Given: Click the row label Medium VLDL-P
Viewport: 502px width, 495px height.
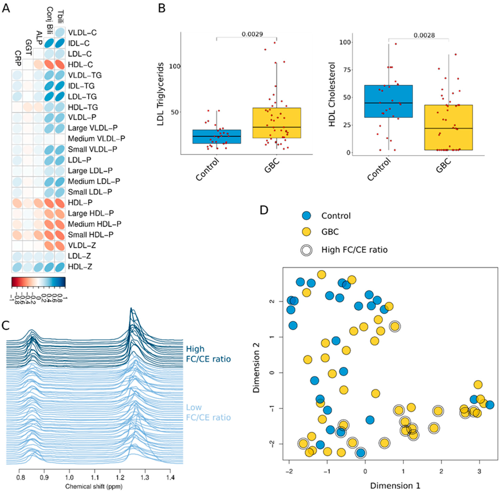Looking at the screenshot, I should tap(96, 139).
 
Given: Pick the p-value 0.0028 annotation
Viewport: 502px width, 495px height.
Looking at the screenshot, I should tap(424, 35).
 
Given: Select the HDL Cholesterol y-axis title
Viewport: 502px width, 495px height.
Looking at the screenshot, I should tap(332, 94).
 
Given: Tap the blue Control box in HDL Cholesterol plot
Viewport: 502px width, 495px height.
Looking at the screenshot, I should tap(388, 101).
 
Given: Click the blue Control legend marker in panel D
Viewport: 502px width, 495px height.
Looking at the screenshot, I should tap(307, 216).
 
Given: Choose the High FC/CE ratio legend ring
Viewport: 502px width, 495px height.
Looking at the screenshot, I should tap(307, 250).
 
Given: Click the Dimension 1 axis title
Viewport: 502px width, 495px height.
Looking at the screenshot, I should tap(395, 486).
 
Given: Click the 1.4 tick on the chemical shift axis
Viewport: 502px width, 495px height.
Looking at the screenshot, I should tap(170, 478).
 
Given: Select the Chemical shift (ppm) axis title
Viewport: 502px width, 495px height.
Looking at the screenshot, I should tap(94, 486).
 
